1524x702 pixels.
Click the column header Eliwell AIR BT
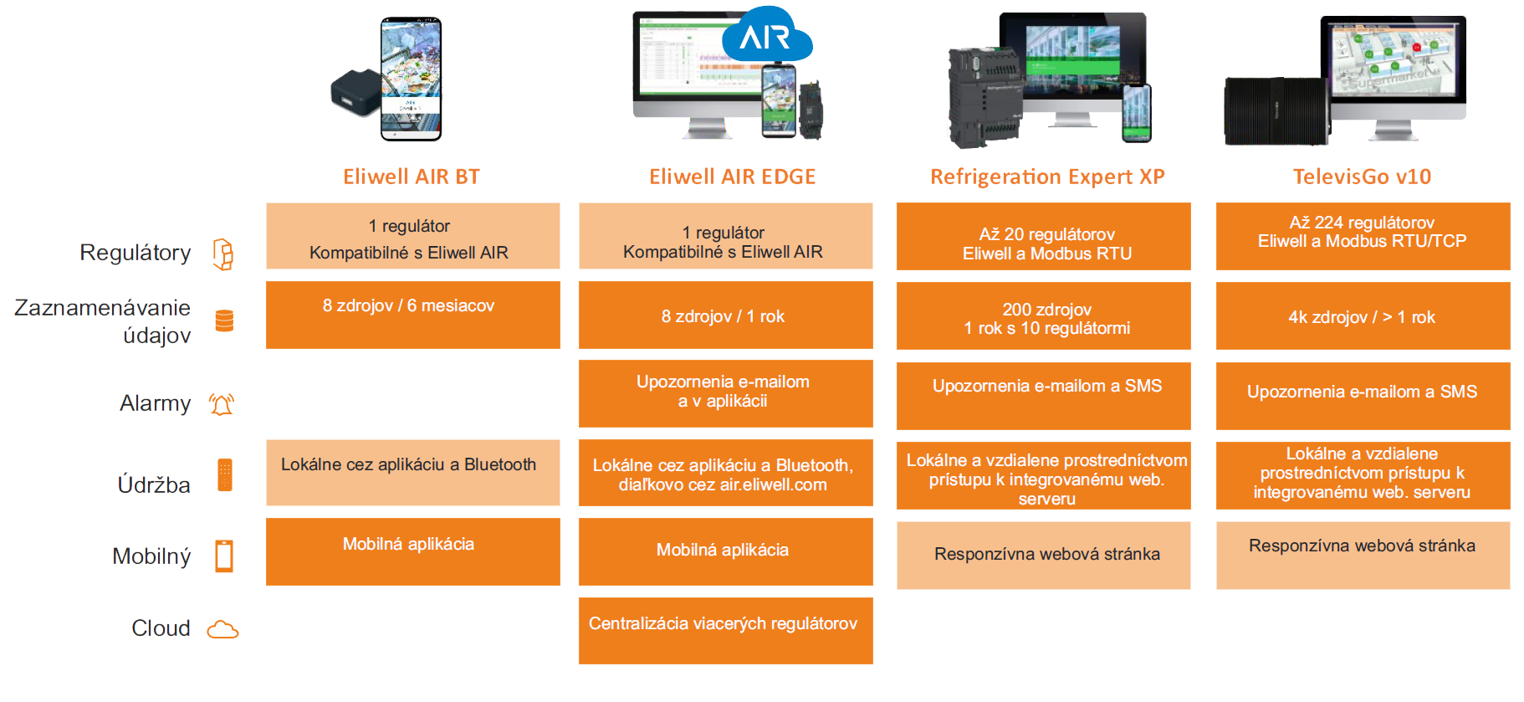(412, 177)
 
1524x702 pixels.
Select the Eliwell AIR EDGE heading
(733, 177)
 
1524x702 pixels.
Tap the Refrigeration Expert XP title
(1047, 177)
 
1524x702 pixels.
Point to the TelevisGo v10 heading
(1362, 177)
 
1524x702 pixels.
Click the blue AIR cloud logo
(766, 35)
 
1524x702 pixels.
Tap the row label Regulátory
(136, 253)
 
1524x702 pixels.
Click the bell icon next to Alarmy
(222, 404)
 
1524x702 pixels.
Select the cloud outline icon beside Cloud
(222, 629)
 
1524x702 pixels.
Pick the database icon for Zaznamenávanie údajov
(224, 320)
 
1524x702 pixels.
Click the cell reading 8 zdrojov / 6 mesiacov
(413, 315)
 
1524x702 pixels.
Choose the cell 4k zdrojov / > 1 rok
(1363, 315)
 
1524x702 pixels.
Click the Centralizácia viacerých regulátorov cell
(726, 631)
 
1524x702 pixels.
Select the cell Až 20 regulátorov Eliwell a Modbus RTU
(1044, 236)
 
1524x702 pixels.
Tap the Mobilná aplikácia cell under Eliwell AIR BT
(413, 551)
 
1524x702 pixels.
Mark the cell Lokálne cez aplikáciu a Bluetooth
(413, 473)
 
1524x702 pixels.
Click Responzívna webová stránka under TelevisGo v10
(1363, 556)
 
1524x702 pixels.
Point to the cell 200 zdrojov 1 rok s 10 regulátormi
(1044, 315)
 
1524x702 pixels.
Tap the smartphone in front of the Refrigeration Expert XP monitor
(1137, 113)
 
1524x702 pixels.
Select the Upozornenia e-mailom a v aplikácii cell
(726, 393)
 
